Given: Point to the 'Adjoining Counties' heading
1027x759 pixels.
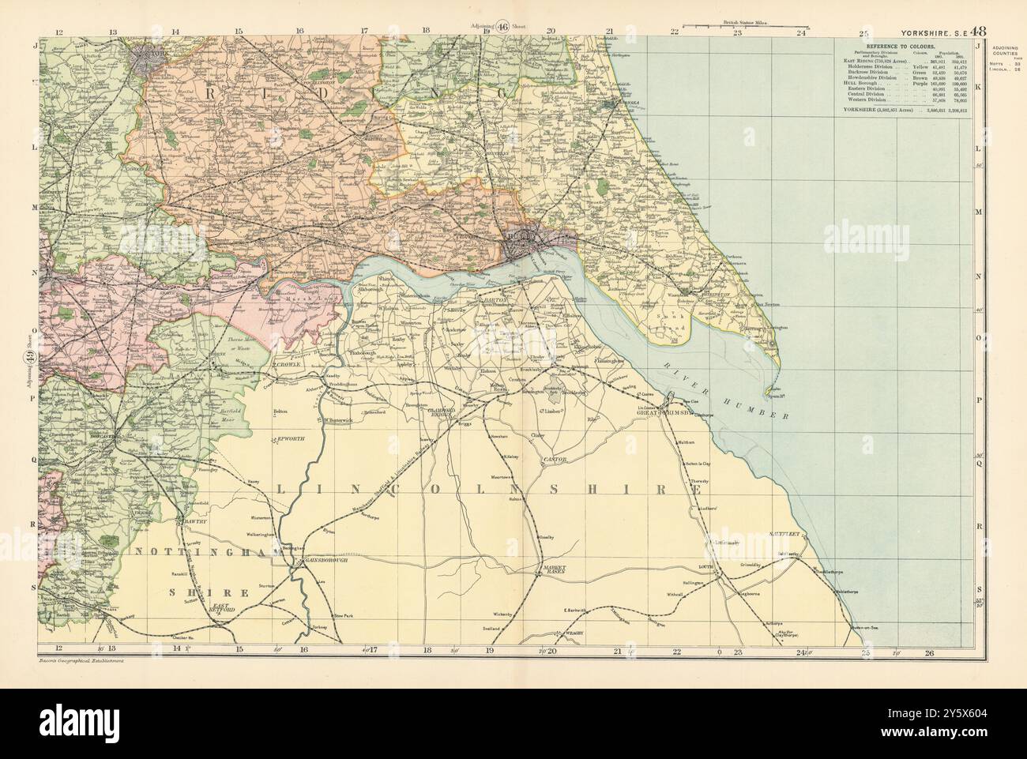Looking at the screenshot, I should (x=1003, y=49).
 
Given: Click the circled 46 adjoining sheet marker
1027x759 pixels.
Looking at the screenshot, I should (x=502, y=25).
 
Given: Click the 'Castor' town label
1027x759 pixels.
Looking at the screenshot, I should (x=551, y=459).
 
